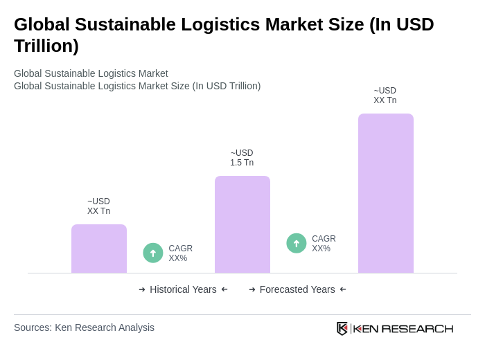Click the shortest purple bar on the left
(x=99, y=249)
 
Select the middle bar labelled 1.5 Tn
(x=242, y=224)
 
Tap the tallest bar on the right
(x=386, y=193)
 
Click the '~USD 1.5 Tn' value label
(x=242, y=158)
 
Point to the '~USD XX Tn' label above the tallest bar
(x=385, y=96)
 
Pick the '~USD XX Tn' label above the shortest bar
(x=98, y=206)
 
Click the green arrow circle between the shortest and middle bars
(x=153, y=253)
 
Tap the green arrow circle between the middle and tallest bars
(x=297, y=243)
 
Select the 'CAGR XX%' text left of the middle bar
(x=180, y=253)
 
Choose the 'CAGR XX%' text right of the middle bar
(x=324, y=244)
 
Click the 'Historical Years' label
(x=183, y=289)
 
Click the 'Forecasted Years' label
(x=297, y=289)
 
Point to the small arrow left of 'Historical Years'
(x=142, y=289)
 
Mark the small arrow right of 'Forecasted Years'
(x=343, y=289)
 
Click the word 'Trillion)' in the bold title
(x=46, y=46)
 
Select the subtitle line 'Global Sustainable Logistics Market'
(x=91, y=73)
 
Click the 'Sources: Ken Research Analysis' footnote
(x=84, y=327)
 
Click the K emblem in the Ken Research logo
(x=342, y=328)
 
